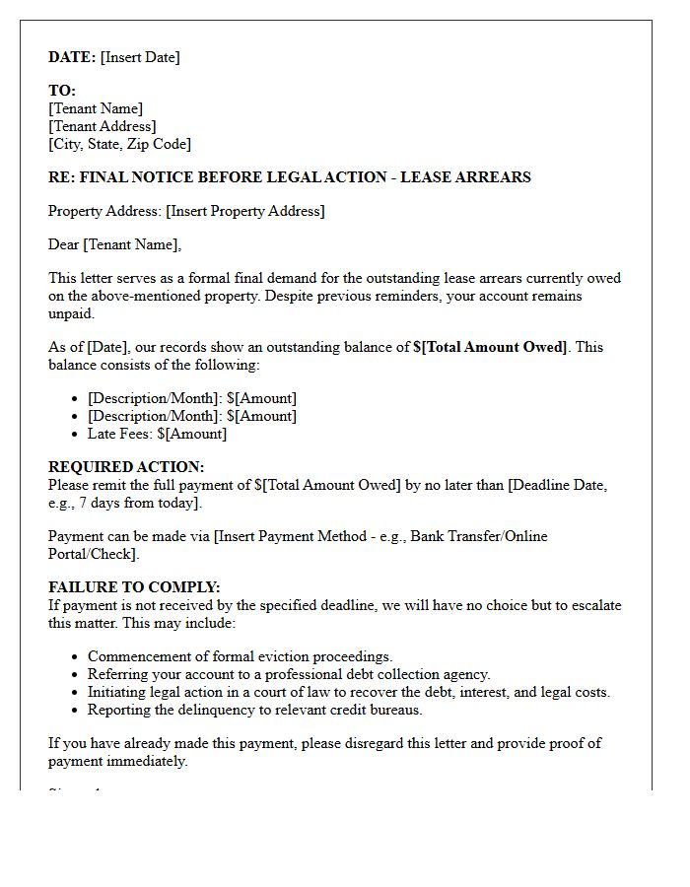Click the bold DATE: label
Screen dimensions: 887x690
[72, 57]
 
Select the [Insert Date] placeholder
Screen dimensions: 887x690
[140, 57]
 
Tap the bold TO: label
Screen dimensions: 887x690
[62, 91]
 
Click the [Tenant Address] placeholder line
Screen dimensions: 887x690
[103, 126]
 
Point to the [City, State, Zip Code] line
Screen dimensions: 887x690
[119, 144]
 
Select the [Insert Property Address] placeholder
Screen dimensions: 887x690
[245, 211]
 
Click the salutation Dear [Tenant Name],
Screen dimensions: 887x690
[115, 244]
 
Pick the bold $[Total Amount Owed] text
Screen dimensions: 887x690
[490, 347]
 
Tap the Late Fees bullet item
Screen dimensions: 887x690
[157, 434]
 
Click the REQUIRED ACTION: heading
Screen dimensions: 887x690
[126, 467]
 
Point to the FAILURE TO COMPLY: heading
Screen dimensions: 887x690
[134, 587]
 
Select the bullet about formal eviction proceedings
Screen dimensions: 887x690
[240, 656]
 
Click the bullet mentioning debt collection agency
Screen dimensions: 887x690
[289, 674]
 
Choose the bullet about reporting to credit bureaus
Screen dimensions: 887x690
[254, 710]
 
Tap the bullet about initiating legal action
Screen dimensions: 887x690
[349, 692]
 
